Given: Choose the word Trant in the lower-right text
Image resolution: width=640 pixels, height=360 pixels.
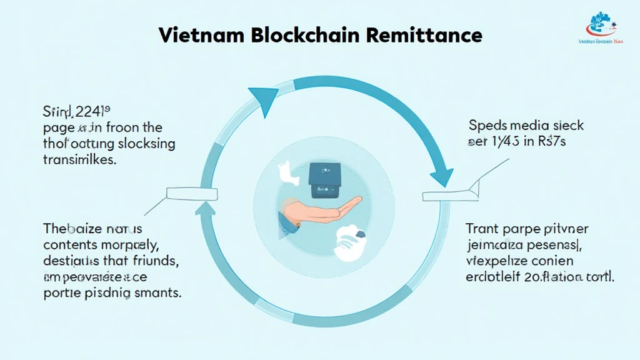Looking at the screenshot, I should point(484,229).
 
